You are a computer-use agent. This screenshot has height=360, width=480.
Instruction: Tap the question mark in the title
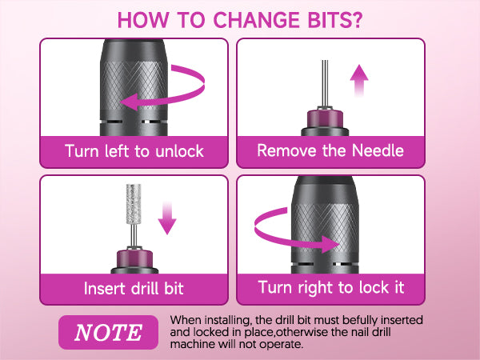pyautogui.click(x=355, y=21)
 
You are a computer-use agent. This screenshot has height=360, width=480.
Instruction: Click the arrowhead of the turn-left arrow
pyautogui.click(x=129, y=102)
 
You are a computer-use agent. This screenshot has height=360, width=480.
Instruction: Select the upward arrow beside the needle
pyautogui.click(x=359, y=81)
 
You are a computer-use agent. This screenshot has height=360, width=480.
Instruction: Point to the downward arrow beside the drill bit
pyautogui.click(x=167, y=218)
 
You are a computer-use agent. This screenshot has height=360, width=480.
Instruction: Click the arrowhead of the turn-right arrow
pyautogui.click(x=330, y=244)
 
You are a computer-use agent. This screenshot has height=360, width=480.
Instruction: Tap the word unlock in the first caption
pyautogui.click(x=179, y=151)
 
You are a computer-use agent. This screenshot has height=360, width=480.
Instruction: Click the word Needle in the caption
pyautogui.click(x=378, y=150)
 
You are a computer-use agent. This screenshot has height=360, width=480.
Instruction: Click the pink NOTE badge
pyautogui.click(x=108, y=332)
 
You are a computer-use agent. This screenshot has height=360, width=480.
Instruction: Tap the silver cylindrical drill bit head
pyautogui.click(x=134, y=204)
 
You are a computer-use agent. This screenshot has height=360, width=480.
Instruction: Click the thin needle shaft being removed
pyautogui.click(x=325, y=83)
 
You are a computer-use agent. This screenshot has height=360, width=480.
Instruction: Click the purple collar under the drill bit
pyautogui.click(x=134, y=259)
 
